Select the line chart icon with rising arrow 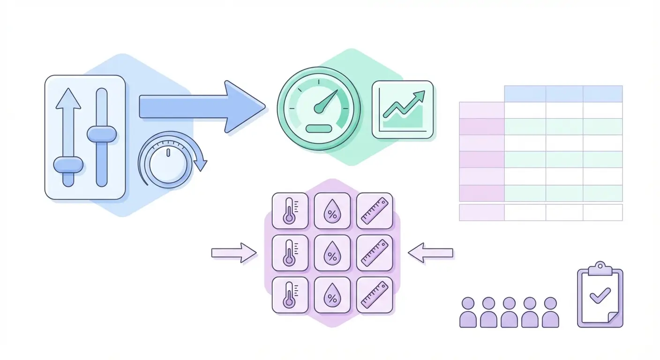[x=402, y=110]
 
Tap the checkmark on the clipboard [x=600, y=296]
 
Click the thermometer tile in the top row [x=290, y=211]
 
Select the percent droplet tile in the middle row [x=332, y=253]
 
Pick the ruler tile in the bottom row [x=374, y=295]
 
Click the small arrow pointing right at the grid [x=233, y=253]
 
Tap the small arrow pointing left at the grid [x=431, y=253]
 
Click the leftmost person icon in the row [x=468, y=312]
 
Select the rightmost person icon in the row [x=550, y=312]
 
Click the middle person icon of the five [x=509, y=312]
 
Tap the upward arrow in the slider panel [x=68, y=122]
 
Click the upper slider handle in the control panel [x=102, y=135]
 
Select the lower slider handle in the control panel [x=68, y=165]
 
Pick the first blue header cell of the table [x=525, y=94]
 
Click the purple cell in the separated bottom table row [x=481, y=212]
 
